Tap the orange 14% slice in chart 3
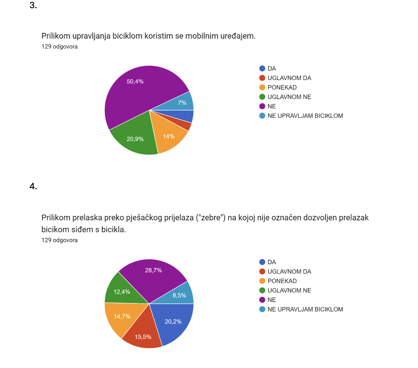tap(168, 135)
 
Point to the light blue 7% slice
tap(180, 102)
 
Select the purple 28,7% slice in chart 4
tap(153, 277)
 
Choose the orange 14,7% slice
tap(123, 316)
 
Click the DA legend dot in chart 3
tap(262, 69)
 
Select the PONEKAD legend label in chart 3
tap(282, 87)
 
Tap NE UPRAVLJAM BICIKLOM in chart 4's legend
tap(305, 309)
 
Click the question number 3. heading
tap(33, 5)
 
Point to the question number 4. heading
tap(33, 186)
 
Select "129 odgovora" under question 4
tap(59, 240)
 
